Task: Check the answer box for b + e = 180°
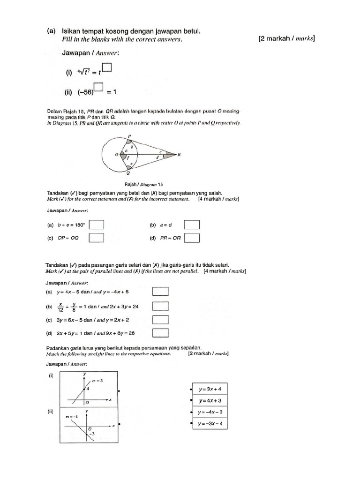point(97,225)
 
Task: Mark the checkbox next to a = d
point(192,225)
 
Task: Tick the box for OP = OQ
point(97,238)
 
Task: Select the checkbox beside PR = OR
point(192,238)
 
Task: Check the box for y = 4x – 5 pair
point(160,292)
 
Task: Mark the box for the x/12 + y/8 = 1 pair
point(160,307)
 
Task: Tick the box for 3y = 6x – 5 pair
point(160,320)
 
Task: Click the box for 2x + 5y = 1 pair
point(160,333)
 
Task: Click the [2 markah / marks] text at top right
point(286,39)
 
